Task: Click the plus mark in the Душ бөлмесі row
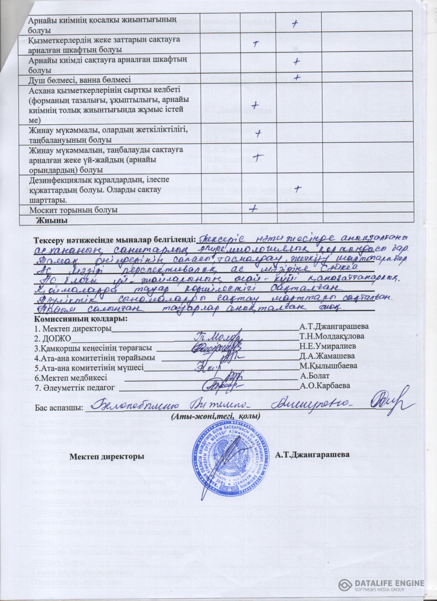point(297,77)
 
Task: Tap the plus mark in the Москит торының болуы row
point(253,209)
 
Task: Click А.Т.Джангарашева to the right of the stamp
point(312,455)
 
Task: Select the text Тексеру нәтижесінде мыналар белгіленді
point(115,240)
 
